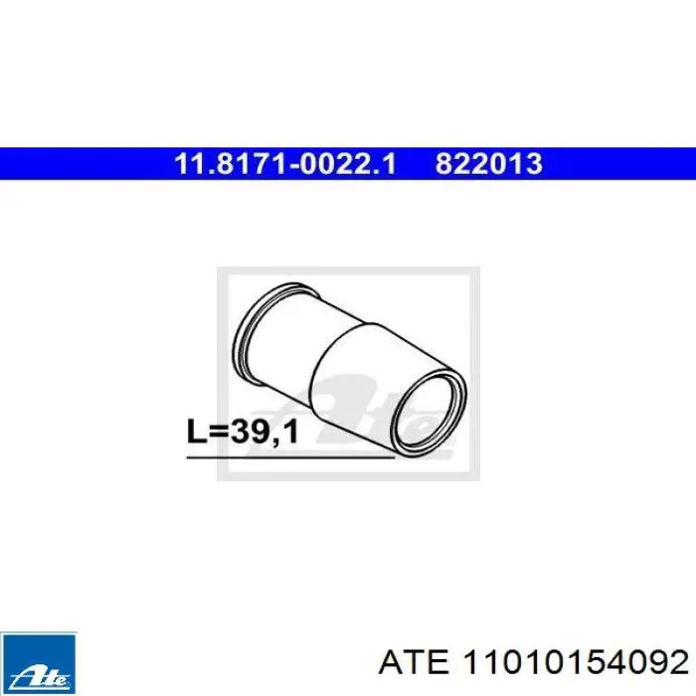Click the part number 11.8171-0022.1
pyautogui.click(x=285, y=163)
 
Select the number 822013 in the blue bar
pyautogui.click(x=488, y=163)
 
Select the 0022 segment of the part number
pyautogui.click(x=340, y=163)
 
